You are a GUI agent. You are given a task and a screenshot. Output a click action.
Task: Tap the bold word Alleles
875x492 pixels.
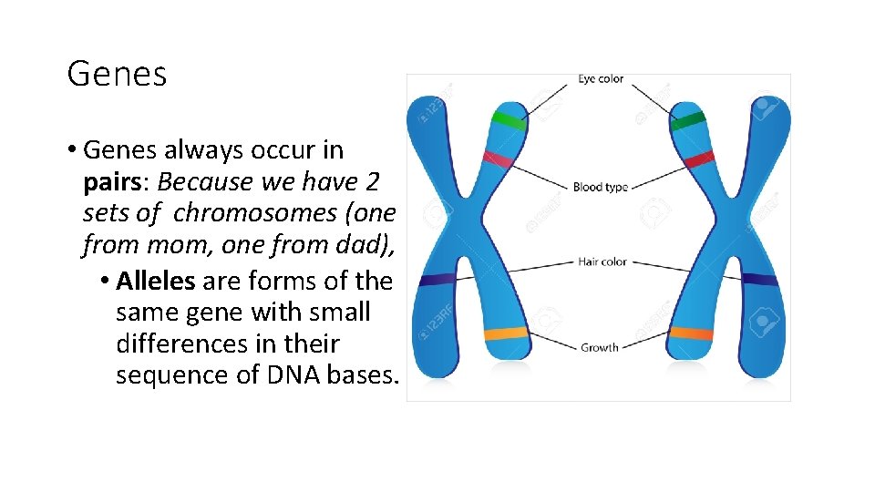(x=156, y=281)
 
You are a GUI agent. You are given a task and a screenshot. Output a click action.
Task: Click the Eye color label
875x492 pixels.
(x=601, y=79)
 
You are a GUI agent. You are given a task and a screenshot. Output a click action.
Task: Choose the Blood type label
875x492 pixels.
(x=600, y=187)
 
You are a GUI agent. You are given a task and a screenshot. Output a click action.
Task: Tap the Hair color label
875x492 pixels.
(x=602, y=262)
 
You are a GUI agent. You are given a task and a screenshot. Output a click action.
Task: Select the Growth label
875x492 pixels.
(x=599, y=347)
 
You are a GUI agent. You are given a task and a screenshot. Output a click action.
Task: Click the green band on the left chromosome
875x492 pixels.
(x=509, y=118)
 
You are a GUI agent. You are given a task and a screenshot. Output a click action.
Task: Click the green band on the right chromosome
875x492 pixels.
(x=688, y=119)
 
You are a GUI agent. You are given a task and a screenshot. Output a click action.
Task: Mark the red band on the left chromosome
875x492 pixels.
(x=498, y=160)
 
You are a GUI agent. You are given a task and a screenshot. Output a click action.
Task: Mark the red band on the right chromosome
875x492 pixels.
(x=699, y=160)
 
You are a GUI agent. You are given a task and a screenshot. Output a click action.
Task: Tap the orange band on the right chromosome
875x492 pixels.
(x=692, y=333)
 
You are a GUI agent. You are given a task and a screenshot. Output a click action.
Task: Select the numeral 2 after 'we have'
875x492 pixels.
(x=370, y=181)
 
